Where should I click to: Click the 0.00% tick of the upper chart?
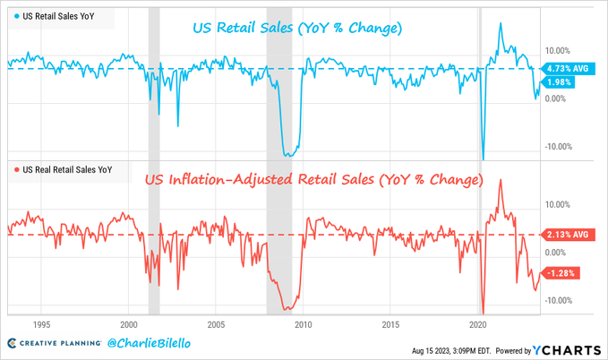pyautogui.click(x=559, y=98)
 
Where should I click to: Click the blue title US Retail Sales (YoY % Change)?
pyautogui.click(x=296, y=29)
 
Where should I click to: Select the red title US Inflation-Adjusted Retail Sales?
pyautogui.click(x=314, y=181)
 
